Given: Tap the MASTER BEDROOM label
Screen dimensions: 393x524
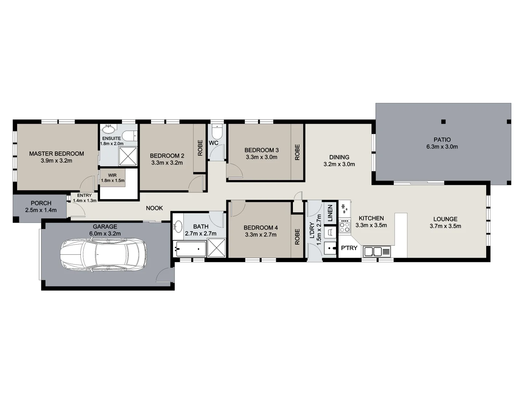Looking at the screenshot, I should point(56,154).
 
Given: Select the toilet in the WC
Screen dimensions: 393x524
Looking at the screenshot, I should point(217,131).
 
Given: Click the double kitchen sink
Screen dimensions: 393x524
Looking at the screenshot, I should point(373,251).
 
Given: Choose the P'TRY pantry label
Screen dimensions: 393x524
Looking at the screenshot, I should point(349,248).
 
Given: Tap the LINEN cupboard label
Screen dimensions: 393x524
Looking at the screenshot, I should point(330,213).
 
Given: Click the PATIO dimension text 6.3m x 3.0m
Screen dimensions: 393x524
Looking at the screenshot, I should point(442,147).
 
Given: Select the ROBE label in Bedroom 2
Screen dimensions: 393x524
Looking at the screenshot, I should point(200,148).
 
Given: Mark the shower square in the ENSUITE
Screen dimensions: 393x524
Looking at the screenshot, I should point(128,156).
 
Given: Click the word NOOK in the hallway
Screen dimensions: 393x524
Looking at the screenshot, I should point(154,208).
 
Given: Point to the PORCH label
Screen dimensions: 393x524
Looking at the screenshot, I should point(41,203).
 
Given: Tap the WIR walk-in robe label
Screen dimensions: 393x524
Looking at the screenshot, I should point(112,175).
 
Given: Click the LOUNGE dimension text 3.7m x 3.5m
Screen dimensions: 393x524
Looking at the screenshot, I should point(445,226).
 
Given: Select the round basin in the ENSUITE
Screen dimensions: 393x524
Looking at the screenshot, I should point(108,130).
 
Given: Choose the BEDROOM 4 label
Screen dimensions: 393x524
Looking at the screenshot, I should point(261,228).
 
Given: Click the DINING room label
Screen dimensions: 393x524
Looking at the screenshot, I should point(339,157).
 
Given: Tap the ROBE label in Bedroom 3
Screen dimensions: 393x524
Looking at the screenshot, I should point(297,152).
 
